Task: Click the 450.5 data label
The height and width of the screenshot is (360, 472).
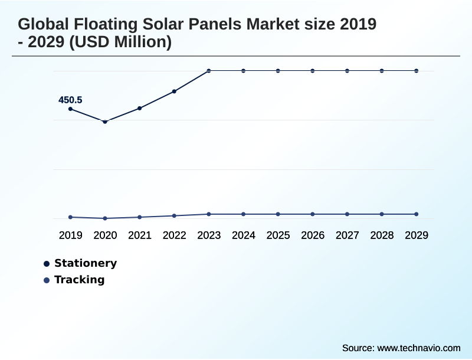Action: pos(70,100)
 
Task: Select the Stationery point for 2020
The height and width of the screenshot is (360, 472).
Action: pos(105,122)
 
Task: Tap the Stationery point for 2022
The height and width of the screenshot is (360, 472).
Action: pos(174,91)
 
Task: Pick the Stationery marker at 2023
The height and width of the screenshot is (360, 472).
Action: pos(209,71)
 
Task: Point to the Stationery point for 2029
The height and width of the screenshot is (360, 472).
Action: pos(417,71)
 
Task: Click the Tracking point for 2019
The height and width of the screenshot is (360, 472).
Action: pos(70,217)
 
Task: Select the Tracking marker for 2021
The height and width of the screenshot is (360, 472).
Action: pos(140,217)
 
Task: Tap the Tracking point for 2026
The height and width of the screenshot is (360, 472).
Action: pos(313,214)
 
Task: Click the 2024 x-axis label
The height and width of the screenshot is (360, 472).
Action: pos(244,235)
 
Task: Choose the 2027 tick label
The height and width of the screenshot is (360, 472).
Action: pos(348,235)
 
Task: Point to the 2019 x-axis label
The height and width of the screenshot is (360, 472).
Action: pos(70,235)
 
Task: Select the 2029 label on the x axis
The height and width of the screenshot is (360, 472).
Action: pos(417,235)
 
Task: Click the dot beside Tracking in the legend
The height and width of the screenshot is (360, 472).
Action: pos(47,280)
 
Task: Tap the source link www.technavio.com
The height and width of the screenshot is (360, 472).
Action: pos(418,348)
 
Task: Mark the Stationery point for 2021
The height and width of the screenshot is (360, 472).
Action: pos(140,108)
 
